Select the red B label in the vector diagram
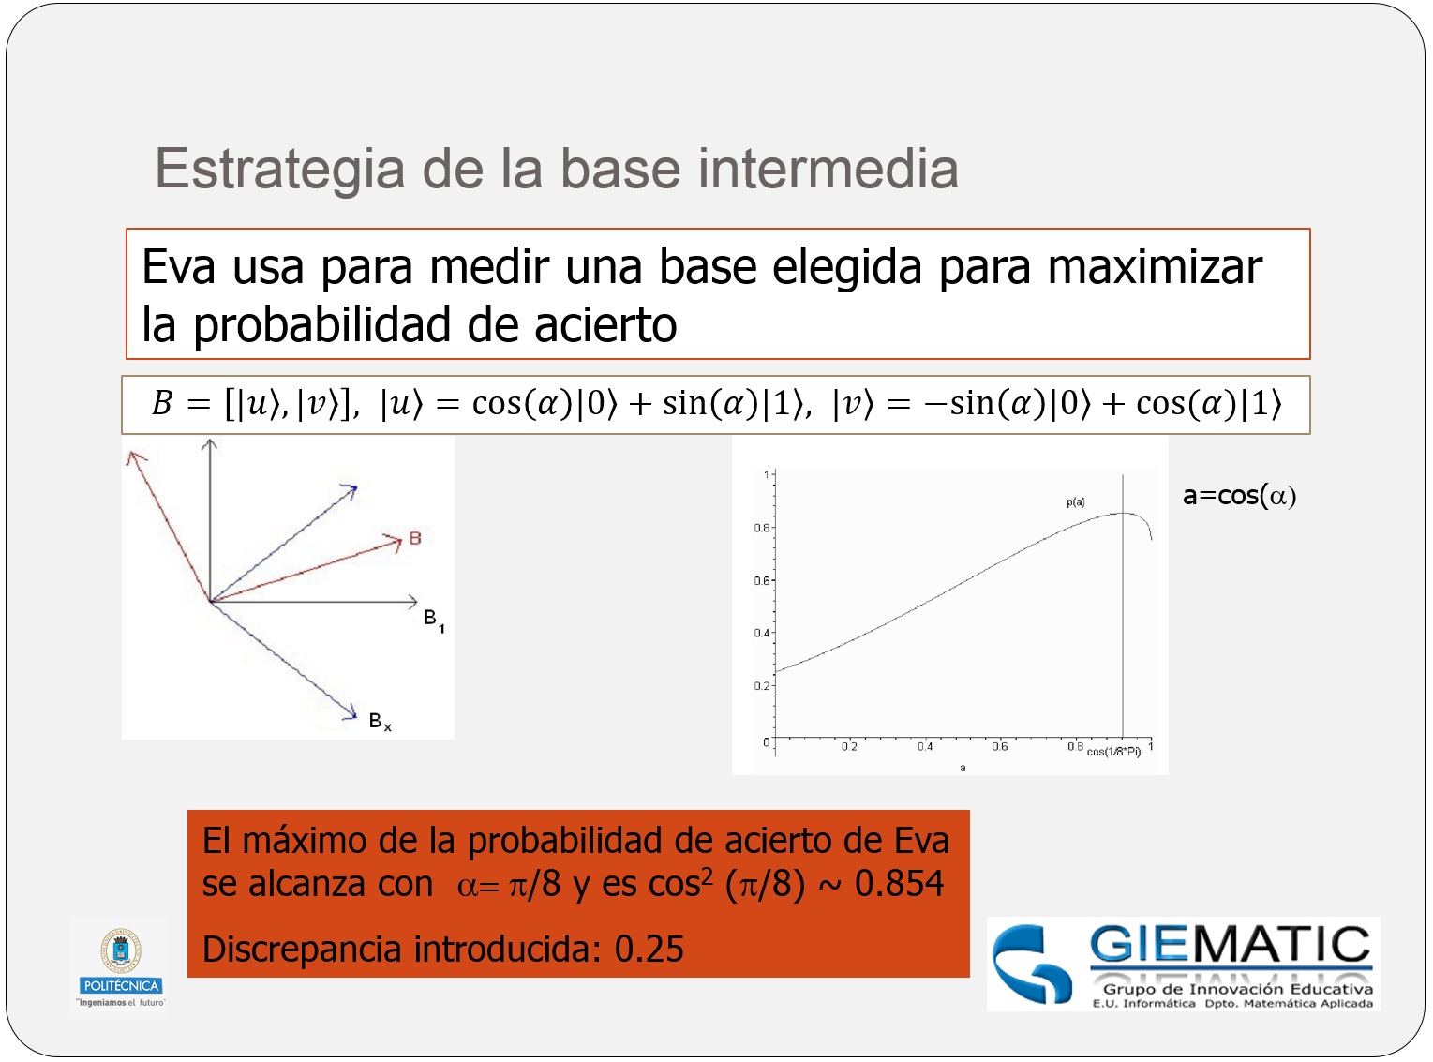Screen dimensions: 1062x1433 point(415,539)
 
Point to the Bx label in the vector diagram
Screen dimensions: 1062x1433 point(380,721)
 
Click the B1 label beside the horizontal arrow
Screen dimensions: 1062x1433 point(433,620)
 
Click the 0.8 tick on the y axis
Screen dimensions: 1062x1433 point(761,528)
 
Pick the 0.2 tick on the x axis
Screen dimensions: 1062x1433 point(849,747)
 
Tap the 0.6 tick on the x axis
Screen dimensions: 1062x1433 point(1000,747)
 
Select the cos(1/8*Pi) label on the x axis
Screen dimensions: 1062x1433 point(1113,752)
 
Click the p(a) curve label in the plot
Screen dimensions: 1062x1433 point(1075,502)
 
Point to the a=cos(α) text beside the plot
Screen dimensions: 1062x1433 point(1239,496)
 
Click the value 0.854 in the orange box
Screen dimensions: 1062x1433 point(899,884)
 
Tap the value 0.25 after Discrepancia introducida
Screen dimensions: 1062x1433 point(649,950)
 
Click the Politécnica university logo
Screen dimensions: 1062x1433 point(121,965)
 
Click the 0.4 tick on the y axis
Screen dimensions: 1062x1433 point(761,634)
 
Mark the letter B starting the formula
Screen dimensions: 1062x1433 point(162,404)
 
